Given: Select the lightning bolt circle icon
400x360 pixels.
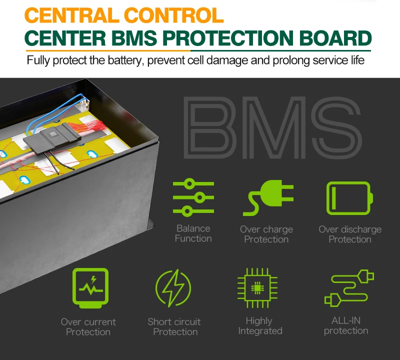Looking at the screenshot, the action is tap(173, 288).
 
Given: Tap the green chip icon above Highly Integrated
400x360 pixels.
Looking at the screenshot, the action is tap(257, 287).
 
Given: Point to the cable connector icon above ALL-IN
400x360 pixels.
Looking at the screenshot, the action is tap(345, 288).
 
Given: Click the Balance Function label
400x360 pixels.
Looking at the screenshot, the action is tap(193, 233).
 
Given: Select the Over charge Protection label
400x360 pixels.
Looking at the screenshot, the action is tap(266, 234).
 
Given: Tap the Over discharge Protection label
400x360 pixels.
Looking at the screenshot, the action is tap(350, 234).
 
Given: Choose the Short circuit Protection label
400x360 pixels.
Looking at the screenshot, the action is tap(174, 326).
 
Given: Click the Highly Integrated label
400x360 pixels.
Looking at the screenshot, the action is tap(259, 325).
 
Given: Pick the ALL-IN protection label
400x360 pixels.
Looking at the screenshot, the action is tap(345, 325).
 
